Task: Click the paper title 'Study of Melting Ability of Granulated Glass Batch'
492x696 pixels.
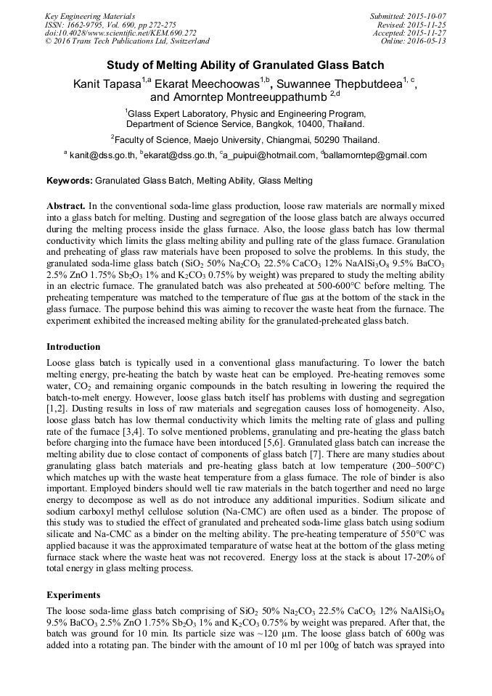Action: pos(246,65)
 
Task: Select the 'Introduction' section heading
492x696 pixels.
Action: pos(73,347)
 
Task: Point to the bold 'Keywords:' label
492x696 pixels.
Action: pos(70,180)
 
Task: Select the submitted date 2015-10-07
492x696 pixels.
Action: pos(428,16)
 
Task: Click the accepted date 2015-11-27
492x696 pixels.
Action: pos(428,33)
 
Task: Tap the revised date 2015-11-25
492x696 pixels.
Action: pos(428,24)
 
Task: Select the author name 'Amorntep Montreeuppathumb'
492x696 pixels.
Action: pos(239,97)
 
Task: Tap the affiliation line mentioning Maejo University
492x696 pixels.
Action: pos(246,139)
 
